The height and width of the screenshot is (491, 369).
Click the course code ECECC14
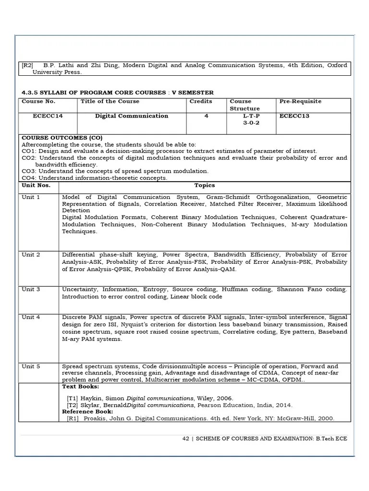(x=48, y=116)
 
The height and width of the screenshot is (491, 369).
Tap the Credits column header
(x=201, y=102)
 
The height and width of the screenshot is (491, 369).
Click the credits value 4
(x=206, y=116)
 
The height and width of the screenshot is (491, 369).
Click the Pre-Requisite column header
(x=300, y=102)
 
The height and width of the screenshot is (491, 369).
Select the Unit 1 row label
(x=31, y=197)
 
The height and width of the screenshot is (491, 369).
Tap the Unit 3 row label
(x=31, y=290)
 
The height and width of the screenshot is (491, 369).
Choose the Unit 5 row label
(x=31, y=366)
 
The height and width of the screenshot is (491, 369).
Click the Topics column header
(x=205, y=185)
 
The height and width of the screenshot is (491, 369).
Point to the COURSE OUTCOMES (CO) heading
(x=62, y=138)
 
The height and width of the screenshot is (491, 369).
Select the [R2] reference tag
(x=28, y=65)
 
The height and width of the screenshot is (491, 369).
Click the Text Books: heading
(x=81, y=386)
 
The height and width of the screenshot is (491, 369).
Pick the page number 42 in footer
(x=186, y=438)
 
